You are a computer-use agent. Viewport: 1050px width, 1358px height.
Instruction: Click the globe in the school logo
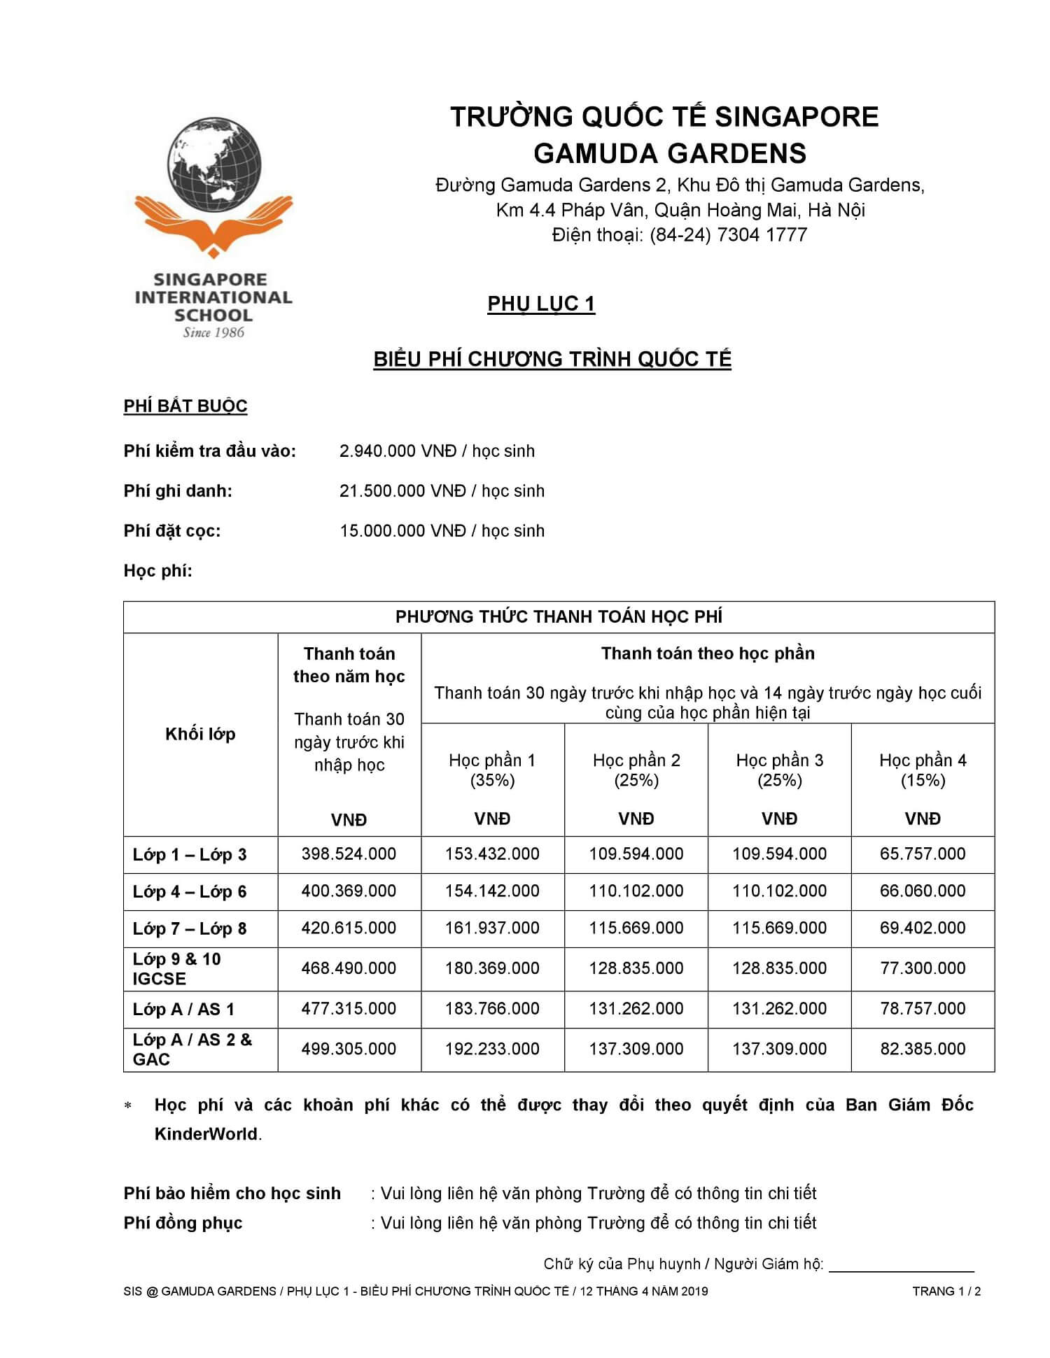(214, 163)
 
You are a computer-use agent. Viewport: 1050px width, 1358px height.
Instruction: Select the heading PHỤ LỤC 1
(541, 304)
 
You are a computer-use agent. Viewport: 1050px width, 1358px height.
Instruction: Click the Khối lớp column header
(200, 734)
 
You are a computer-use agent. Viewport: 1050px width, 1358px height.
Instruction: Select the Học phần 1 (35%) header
(492, 770)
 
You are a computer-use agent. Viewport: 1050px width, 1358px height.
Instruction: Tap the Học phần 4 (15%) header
(923, 770)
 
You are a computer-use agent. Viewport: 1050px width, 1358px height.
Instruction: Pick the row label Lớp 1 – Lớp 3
(190, 854)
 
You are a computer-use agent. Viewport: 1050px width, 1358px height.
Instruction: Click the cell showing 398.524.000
(349, 854)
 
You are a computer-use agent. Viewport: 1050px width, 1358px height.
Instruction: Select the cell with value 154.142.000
(492, 891)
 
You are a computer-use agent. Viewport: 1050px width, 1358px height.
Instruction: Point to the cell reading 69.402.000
(923, 928)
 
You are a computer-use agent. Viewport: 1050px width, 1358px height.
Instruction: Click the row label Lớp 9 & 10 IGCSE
(177, 968)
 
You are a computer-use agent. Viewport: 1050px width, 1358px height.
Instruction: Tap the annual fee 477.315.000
(349, 1008)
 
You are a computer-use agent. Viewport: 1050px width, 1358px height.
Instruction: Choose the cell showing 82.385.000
(923, 1049)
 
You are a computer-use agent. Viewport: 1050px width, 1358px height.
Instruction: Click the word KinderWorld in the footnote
(206, 1134)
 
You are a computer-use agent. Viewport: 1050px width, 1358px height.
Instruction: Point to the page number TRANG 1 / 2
(946, 1291)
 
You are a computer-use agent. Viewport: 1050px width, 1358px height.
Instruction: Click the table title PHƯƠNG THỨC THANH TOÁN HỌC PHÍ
(559, 616)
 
